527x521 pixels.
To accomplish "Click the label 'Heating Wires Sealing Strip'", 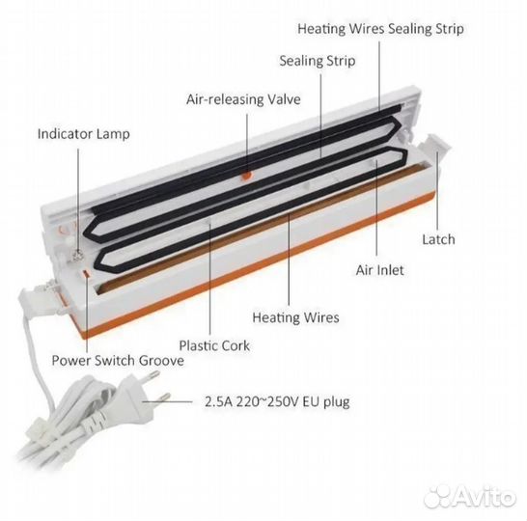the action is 380,29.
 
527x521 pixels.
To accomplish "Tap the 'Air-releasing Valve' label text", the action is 243,99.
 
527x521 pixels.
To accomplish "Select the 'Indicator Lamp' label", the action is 84,134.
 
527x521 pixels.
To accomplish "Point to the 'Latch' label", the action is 438,239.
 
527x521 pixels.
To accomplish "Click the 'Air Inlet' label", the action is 379,270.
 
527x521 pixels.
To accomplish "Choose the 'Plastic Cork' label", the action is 214,345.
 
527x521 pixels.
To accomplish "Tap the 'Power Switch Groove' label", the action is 118,361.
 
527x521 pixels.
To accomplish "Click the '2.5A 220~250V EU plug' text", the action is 277,401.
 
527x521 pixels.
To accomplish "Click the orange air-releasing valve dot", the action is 247,175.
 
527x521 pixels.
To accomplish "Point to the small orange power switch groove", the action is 86,273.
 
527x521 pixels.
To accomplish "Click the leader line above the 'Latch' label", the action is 437,191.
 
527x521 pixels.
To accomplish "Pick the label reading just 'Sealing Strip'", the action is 318,61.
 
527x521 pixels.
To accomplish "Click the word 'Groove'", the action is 161,361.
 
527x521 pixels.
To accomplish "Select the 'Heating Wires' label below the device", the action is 295,317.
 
